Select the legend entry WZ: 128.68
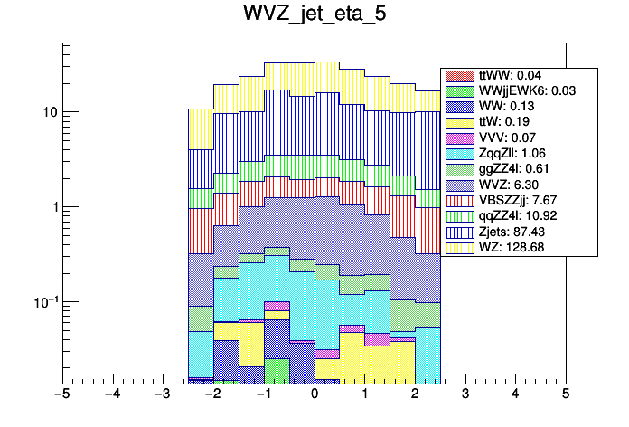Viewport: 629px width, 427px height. [505, 247]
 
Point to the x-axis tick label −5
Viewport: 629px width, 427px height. [61, 395]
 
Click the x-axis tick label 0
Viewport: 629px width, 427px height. [314, 395]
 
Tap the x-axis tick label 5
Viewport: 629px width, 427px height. [566, 395]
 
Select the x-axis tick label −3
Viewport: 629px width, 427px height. [162, 395]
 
